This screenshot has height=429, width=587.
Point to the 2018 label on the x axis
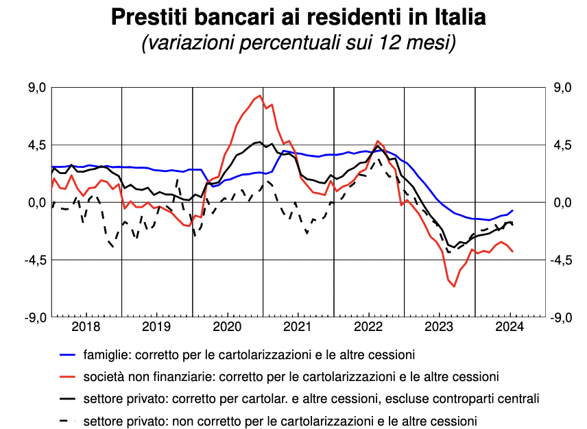pos(86,326)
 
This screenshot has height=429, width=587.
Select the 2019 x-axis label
pos(156,326)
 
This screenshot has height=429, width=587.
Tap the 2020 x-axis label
pos(227,326)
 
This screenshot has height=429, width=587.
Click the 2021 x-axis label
pos(298,326)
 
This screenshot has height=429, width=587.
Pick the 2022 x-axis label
pos(368,326)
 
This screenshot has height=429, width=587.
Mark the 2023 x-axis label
pos(439,326)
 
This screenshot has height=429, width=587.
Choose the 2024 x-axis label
pos(510,326)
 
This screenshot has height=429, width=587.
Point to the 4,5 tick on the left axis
pos(36,145)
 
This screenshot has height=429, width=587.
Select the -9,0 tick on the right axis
pos(560,317)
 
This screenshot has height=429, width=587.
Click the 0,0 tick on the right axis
pos(562,203)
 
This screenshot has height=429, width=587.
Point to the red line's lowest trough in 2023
pos(454,286)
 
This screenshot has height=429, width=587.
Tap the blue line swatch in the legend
pos(68,355)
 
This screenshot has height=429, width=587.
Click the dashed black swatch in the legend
pos(68,419)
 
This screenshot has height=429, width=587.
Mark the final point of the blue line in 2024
pos(512,210)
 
